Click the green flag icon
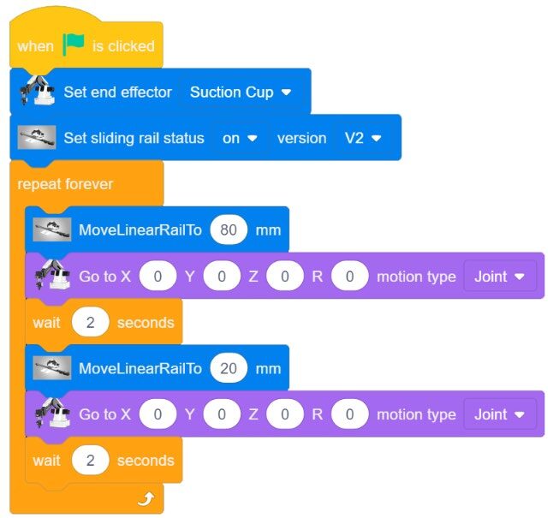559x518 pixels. point(74,45)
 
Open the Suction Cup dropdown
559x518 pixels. point(241,92)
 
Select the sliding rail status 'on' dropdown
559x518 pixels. point(240,139)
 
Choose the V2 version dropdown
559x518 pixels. point(363,139)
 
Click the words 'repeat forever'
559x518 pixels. point(65,184)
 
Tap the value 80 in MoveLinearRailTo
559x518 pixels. point(229,230)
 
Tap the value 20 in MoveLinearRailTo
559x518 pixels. point(229,368)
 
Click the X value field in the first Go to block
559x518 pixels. point(158,277)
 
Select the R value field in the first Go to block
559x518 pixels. point(349,277)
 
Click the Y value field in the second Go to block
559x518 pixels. point(222,414)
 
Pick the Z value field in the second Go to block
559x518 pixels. point(285,414)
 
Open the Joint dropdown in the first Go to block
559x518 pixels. point(500,277)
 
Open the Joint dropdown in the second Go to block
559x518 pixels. point(500,414)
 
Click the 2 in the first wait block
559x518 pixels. point(90,322)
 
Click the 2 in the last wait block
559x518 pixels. point(90,461)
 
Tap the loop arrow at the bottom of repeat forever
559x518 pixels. point(146,499)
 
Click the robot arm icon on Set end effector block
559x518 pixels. point(38,91)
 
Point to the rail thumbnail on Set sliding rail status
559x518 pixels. point(37,137)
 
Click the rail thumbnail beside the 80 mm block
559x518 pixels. point(51,229)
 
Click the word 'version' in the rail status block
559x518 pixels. point(302,139)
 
